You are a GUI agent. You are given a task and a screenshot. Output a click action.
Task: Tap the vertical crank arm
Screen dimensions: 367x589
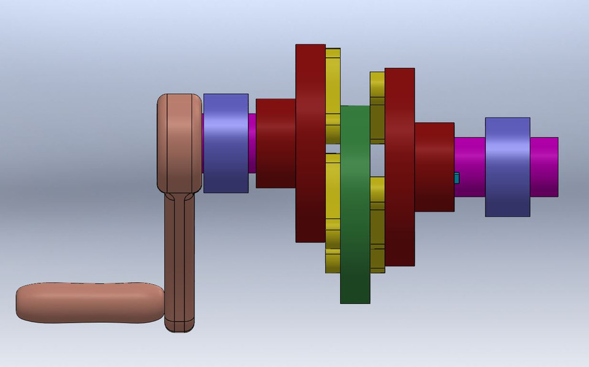tap(179, 258)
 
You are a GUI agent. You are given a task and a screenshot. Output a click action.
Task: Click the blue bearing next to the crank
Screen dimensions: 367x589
tap(225, 142)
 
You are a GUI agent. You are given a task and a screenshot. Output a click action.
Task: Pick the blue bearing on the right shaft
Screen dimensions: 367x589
tap(507, 167)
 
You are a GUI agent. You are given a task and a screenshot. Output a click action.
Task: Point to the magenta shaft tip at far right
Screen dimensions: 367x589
tap(544, 167)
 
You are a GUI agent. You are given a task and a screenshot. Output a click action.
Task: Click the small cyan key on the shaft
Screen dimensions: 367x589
tap(456, 178)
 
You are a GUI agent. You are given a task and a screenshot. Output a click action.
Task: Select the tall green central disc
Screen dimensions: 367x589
tap(355, 203)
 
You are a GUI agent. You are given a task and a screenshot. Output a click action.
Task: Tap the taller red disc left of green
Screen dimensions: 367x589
tap(310, 142)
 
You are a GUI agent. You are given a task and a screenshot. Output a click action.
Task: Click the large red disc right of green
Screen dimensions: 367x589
tap(399, 167)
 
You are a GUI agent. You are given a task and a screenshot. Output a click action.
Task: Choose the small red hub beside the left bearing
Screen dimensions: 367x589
tap(275, 142)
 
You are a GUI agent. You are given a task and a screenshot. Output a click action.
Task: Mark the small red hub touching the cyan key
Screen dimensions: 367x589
tap(434, 167)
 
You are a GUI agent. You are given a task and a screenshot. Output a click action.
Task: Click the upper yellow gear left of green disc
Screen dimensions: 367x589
tap(333, 92)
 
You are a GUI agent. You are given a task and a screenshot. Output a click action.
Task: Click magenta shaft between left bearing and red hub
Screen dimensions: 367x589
tap(252, 142)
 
